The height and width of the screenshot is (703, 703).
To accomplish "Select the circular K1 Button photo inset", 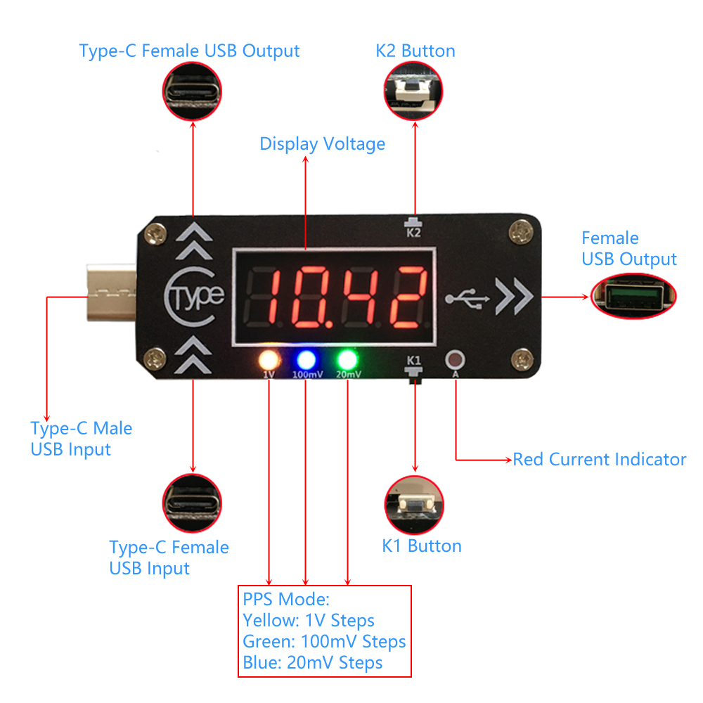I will tap(415, 505).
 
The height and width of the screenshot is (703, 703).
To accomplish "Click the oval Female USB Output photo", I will tap(633, 294).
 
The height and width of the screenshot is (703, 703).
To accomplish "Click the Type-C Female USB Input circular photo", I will tap(193, 505).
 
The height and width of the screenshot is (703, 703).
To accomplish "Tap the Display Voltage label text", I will tap(323, 144).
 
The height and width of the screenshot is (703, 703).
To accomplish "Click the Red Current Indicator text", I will tap(599, 460).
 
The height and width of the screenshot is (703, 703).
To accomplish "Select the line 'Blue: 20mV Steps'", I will tap(313, 662).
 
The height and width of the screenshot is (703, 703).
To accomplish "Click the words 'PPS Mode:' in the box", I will tap(286, 600).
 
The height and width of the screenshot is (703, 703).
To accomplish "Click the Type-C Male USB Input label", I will tap(81, 438).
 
